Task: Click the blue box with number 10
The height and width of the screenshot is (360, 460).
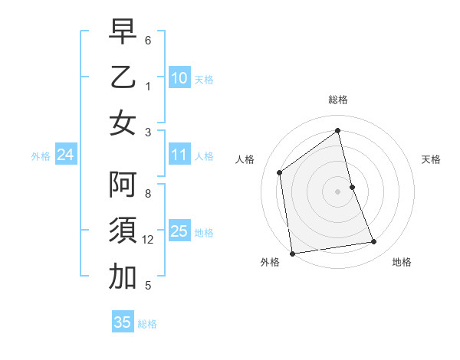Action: point(179,77)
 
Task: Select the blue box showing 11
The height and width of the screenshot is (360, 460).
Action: point(179,155)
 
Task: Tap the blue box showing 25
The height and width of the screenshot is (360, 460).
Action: point(179,231)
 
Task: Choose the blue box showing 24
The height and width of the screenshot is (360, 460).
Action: point(65,155)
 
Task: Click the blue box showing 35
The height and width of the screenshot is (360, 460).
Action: point(123,322)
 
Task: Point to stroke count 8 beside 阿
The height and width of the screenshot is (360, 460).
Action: point(148,195)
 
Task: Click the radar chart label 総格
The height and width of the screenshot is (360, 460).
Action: point(337,100)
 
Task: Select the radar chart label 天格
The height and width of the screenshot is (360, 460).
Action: point(432,159)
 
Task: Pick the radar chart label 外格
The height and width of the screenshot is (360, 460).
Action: point(270,263)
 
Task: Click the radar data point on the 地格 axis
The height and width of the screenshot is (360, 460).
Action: point(374,242)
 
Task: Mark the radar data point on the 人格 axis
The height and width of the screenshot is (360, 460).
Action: point(280,172)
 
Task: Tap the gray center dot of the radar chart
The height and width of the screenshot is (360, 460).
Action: point(337,191)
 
